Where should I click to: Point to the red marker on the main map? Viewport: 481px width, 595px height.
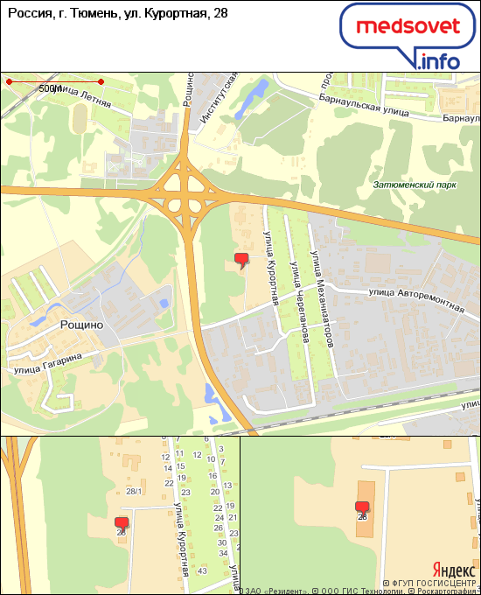click(x=242, y=259)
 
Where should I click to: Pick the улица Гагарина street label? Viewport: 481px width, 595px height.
click(x=47, y=363)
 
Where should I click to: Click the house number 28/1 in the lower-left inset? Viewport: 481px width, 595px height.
click(x=134, y=491)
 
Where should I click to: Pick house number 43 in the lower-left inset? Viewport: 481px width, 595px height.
click(x=201, y=570)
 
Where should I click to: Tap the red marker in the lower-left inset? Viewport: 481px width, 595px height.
click(x=121, y=523)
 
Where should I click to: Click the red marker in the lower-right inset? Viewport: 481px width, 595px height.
click(x=362, y=507)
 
